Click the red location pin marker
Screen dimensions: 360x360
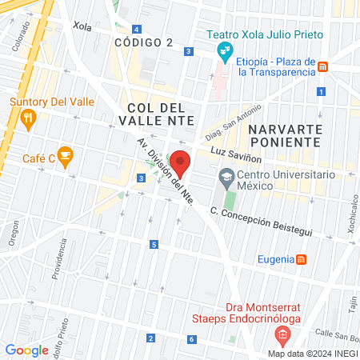180,163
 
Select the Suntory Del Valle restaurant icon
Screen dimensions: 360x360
29,120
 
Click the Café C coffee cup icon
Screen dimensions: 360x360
66,154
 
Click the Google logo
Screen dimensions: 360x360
26,350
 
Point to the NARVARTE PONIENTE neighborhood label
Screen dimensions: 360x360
284,135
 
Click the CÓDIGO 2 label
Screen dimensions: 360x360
143,42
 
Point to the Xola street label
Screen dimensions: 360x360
82,26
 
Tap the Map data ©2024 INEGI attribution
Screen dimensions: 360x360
312,353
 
